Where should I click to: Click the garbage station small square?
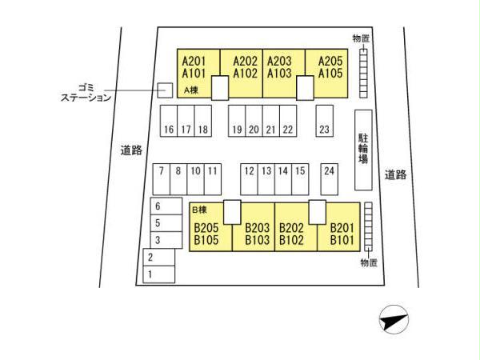pos(165,90)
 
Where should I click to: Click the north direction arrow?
pos(394,322)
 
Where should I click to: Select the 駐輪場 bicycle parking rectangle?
pos(363,150)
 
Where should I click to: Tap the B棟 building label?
pos(199,210)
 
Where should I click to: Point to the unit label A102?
pos(245,74)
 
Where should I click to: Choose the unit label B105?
pos(206,239)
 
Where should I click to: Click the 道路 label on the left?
pos(131,150)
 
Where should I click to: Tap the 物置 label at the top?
pos(361,38)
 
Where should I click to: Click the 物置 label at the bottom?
pos(368,262)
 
